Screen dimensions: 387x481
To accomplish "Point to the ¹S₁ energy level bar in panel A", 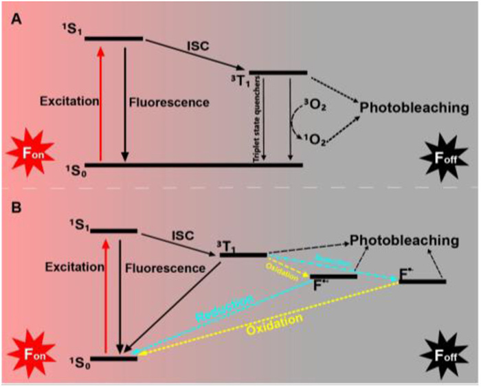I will point(113,38).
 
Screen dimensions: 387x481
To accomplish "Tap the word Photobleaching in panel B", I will point(403,241).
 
